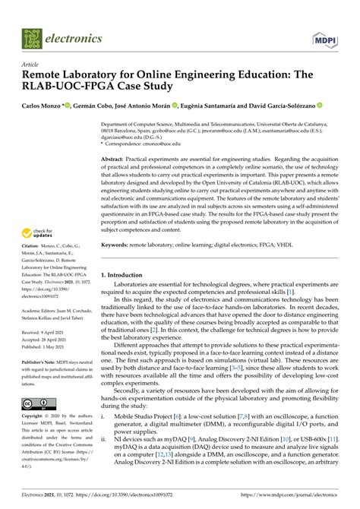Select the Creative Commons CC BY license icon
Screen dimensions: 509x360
pos(36,404)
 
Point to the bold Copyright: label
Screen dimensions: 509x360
pos(34,418)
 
